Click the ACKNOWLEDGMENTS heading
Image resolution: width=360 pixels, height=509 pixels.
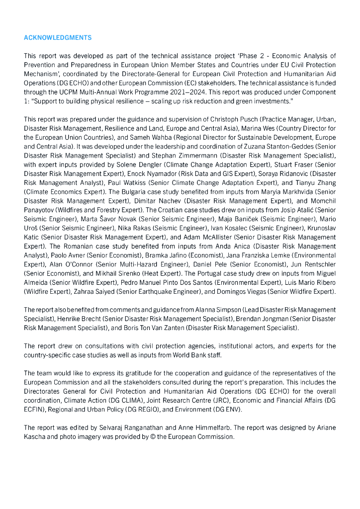(x=58, y=38)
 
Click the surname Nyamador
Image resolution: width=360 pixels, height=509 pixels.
(x=150, y=174)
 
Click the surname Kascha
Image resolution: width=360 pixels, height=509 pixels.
(x=36, y=436)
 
